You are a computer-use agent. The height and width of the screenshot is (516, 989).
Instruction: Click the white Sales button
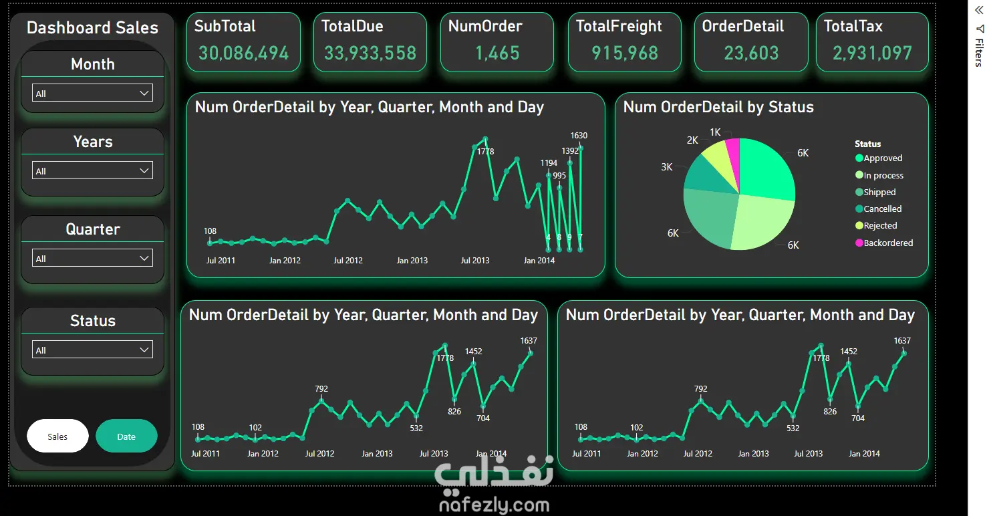[x=57, y=436]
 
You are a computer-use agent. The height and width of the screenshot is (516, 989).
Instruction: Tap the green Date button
[x=126, y=436]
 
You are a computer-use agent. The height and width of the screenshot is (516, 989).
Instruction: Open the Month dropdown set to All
[x=92, y=93]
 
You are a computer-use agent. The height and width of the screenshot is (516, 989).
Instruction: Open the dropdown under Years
[x=92, y=170]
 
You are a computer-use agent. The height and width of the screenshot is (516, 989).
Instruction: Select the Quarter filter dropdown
[x=92, y=258]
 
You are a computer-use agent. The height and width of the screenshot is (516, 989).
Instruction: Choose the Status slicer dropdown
[x=92, y=350]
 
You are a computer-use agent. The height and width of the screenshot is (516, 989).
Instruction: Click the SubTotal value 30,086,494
[x=244, y=53]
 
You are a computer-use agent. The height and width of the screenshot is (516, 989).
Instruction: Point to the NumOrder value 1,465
[x=497, y=53]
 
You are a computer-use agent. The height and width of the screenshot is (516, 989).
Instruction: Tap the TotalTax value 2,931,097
[x=872, y=53]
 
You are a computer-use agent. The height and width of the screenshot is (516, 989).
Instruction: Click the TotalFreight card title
[x=619, y=27]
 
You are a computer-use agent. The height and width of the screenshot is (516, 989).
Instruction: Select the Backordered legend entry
[x=884, y=243]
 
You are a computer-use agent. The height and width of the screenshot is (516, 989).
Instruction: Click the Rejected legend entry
[x=876, y=226]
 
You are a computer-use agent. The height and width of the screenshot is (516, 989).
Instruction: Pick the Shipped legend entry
[x=875, y=192]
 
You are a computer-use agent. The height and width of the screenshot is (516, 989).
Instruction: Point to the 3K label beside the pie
[x=667, y=167]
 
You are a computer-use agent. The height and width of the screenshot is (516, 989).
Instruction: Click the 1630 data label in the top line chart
[x=579, y=136]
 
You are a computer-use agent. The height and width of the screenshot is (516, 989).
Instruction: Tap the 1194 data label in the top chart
[x=549, y=163]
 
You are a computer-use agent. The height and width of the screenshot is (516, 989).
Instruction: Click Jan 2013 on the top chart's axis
[x=412, y=261]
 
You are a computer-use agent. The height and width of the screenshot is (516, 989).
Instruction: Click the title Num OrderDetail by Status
[x=718, y=108]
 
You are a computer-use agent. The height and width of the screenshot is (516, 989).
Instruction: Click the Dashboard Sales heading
[x=92, y=28]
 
